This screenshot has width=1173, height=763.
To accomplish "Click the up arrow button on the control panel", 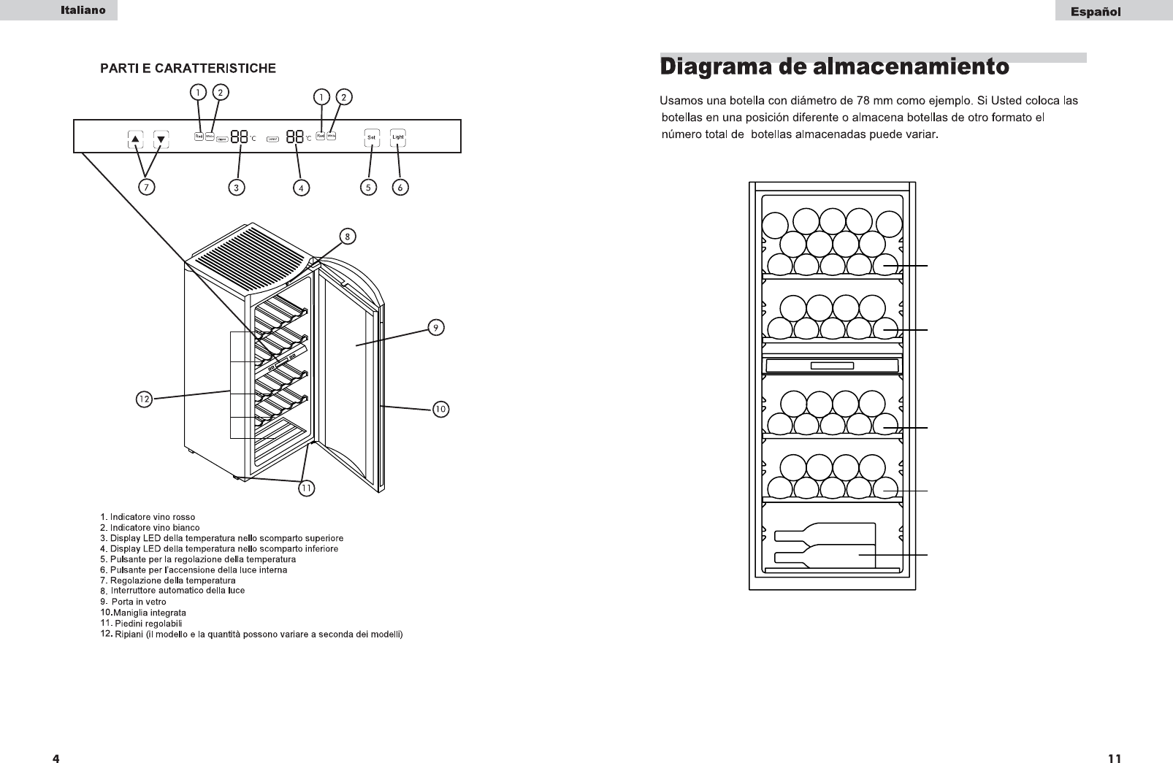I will pyautogui.click(x=136, y=138).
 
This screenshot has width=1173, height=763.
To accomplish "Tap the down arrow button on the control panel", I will pyautogui.click(x=161, y=138).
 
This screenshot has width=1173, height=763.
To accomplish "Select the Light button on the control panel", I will pyautogui.click(x=397, y=137).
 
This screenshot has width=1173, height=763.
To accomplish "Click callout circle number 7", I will pyautogui.click(x=146, y=188).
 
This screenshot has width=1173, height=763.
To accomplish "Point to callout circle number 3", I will pyautogui.click(x=236, y=188).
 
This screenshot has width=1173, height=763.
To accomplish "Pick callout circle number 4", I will pyautogui.click(x=301, y=188).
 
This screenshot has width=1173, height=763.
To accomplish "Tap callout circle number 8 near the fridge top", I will pyautogui.click(x=348, y=236).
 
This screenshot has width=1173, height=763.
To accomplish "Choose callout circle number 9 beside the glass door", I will pyautogui.click(x=435, y=328).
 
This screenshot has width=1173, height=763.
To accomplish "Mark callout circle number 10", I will pyautogui.click(x=440, y=410).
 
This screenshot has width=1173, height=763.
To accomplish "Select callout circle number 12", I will pyautogui.click(x=145, y=399).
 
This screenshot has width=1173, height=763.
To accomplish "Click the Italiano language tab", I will pyautogui.click(x=83, y=10).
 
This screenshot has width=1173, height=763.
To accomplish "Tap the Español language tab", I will pyautogui.click(x=1096, y=11).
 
